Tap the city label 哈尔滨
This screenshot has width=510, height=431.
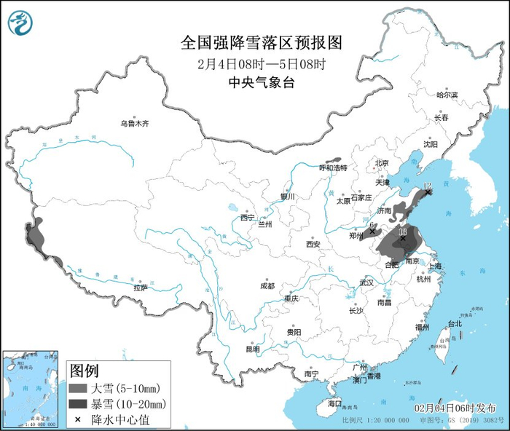coord(447,95)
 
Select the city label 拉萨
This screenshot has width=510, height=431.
coord(140,288)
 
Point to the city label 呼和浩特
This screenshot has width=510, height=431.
coord(334,167)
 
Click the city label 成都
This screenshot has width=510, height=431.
coord(266,285)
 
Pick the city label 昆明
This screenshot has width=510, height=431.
coord(252,349)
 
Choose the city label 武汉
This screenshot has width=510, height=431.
coord(366,282)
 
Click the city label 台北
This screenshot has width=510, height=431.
coord(455,323)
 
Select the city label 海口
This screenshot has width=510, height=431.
coord(334,403)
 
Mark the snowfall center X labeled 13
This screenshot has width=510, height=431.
coord(403,238)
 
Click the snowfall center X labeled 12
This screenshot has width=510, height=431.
coord(429,192)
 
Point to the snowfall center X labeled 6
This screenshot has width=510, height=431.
coord(372,232)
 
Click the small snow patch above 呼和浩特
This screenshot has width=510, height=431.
coord(333,159)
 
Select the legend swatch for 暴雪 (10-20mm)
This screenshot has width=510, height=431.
coord(77,403)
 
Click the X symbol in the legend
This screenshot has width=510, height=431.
coord(77,419)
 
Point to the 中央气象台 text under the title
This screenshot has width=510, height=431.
coord(262,83)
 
